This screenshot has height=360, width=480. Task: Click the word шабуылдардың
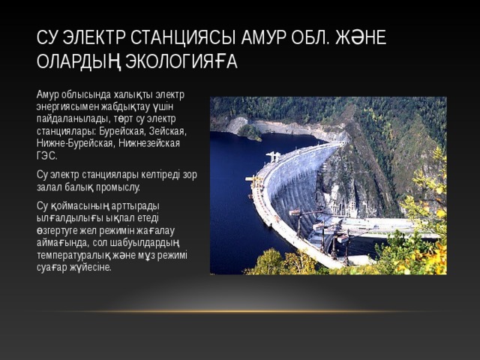click(141, 240)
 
